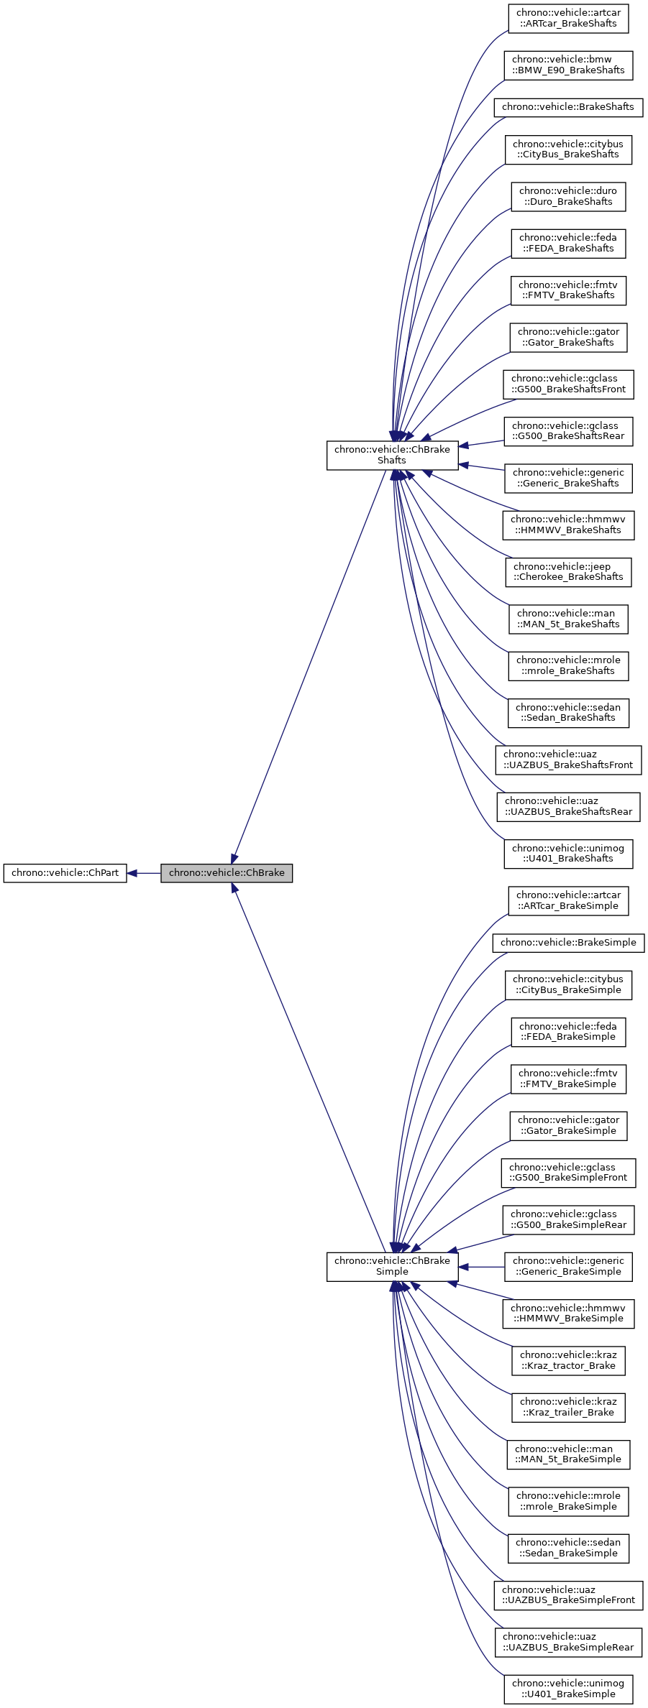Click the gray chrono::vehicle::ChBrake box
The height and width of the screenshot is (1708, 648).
[x=226, y=873]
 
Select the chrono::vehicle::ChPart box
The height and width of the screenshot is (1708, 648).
[x=65, y=873]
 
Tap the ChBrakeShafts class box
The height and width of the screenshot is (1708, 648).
[x=392, y=455]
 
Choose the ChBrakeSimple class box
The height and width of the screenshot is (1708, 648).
[x=392, y=1266]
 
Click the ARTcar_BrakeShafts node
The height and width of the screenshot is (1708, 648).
[x=568, y=18]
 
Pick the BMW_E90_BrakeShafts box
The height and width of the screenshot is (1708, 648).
[x=568, y=65]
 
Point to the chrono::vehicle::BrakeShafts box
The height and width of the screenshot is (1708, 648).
[x=567, y=107]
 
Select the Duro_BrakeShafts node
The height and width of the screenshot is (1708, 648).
[x=568, y=196]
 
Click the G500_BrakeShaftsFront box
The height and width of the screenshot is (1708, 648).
[x=568, y=384]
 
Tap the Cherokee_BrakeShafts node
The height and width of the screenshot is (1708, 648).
[x=568, y=571]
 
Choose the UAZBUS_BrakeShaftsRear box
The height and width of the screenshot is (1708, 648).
[x=568, y=806]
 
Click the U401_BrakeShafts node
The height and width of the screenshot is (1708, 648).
[x=568, y=853]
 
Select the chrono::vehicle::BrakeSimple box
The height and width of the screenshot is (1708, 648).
[x=568, y=942]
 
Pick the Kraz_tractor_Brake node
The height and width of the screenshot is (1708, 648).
[x=568, y=1360]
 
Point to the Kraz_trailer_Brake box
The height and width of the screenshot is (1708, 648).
[x=568, y=1407]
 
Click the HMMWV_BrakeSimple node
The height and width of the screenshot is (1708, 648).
[x=568, y=1313]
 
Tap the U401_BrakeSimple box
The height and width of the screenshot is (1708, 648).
[x=568, y=1689]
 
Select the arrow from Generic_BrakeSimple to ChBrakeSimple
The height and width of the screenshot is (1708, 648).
[x=482, y=1266]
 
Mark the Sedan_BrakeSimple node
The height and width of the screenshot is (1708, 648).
[x=568, y=1548]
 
